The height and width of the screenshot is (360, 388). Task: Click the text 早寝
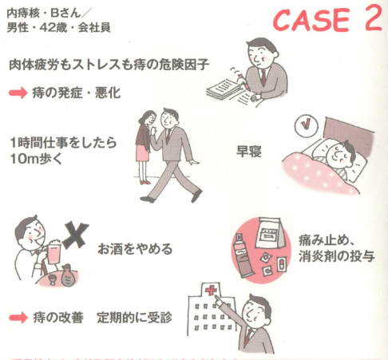pyautogui.click(x=251, y=149)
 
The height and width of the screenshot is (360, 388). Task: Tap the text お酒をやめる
pyautogui.click(x=135, y=248)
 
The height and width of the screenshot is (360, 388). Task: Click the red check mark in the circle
pyautogui.click(x=304, y=125)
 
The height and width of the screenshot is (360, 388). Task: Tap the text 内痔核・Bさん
pyautogui.click(x=45, y=14)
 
